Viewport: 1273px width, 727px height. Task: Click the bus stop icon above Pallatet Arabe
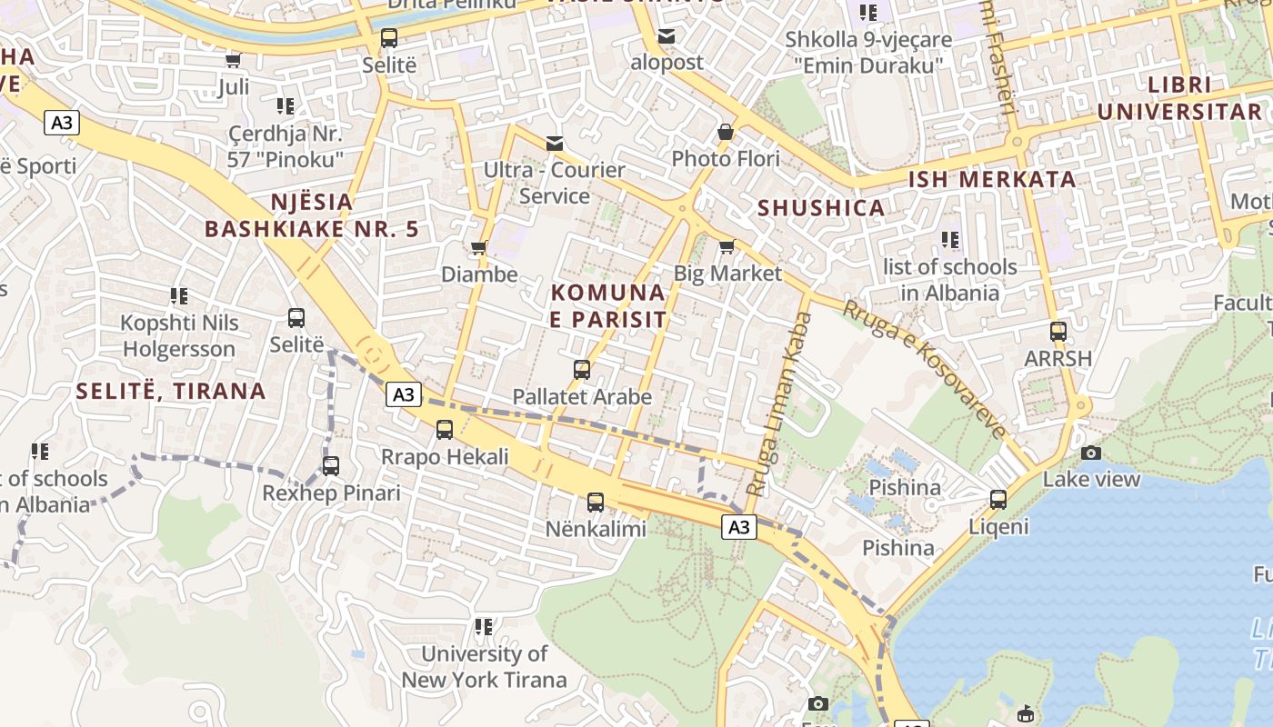pyautogui.click(x=582, y=370)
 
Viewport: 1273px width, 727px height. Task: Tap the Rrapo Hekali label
pyautogui.click(x=445, y=457)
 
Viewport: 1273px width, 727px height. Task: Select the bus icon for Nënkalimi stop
pyautogui.click(x=596, y=502)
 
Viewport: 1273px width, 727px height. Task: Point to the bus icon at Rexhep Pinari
pyautogui.click(x=331, y=466)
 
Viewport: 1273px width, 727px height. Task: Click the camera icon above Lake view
pyautogui.click(x=1091, y=453)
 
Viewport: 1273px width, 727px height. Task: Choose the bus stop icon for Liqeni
pyautogui.click(x=998, y=500)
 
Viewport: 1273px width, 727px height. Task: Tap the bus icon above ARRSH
pyautogui.click(x=1057, y=332)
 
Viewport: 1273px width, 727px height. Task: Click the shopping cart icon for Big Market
pyautogui.click(x=727, y=247)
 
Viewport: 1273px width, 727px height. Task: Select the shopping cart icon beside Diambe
pyautogui.click(x=478, y=248)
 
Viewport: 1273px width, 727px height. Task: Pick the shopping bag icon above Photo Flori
pyautogui.click(x=726, y=133)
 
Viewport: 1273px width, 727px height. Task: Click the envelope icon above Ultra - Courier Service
pyautogui.click(x=554, y=144)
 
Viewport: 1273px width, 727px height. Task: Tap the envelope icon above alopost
pyautogui.click(x=667, y=36)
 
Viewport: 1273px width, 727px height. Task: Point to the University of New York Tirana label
pyautogui.click(x=484, y=666)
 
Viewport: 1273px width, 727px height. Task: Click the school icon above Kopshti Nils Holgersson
pyautogui.click(x=179, y=296)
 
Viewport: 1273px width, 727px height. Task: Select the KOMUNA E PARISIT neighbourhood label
pyautogui.click(x=608, y=306)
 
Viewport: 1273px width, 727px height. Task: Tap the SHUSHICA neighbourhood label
pyautogui.click(x=821, y=208)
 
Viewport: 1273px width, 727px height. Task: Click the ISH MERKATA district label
pyautogui.click(x=992, y=179)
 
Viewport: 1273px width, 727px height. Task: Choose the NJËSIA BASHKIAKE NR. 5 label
pyautogui.click(x=312, y=215)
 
